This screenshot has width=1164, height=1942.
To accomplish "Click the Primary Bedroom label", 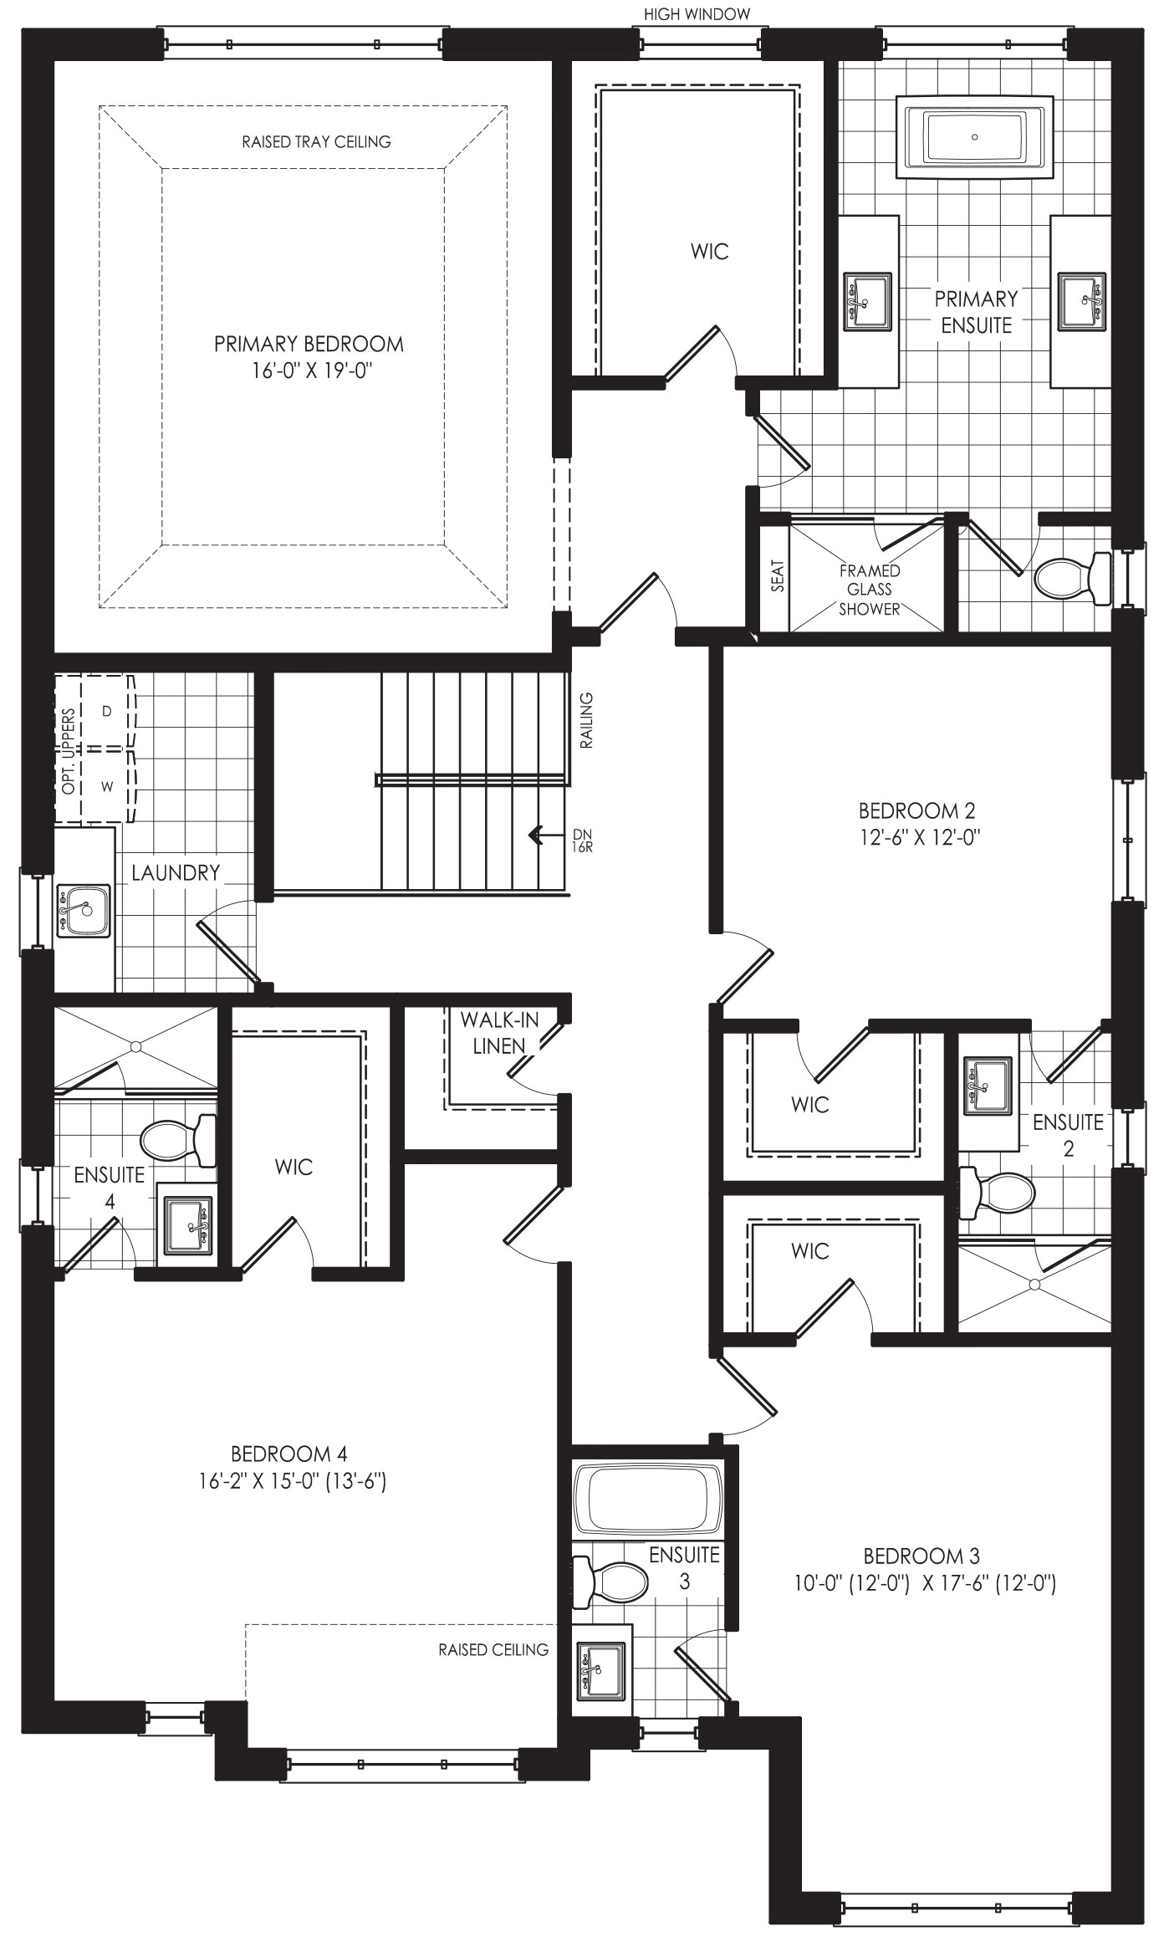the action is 309,344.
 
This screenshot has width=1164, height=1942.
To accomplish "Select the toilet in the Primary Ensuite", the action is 1073,577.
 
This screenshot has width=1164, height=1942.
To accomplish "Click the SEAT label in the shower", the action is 778,576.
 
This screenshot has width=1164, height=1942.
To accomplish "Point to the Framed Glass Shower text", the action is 870,589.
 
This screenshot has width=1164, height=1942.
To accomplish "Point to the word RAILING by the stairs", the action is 586,720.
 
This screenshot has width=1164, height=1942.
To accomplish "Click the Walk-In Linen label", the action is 499,1032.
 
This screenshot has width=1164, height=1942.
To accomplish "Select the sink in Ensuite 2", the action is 988,1085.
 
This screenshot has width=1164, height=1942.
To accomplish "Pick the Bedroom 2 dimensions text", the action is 918,837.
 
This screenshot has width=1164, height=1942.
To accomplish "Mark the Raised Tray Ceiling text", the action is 316,141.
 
